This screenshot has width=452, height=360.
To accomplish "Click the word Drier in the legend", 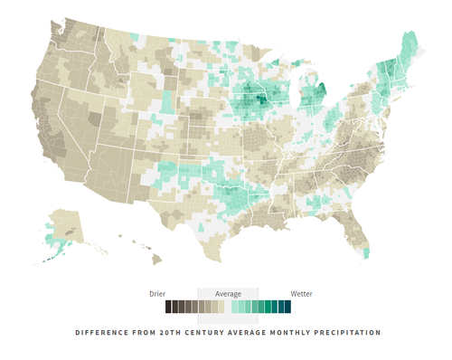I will [x=158, y=293].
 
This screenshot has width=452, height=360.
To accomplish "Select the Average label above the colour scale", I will [x=228, y=293].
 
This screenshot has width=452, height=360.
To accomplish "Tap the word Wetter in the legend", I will [x=301, y=293].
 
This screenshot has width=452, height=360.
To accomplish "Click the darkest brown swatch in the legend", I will [x=168, y=308].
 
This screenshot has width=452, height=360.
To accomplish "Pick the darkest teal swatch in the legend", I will [x=287, y=308].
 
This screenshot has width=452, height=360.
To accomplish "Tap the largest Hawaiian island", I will [x=155, y=260].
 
